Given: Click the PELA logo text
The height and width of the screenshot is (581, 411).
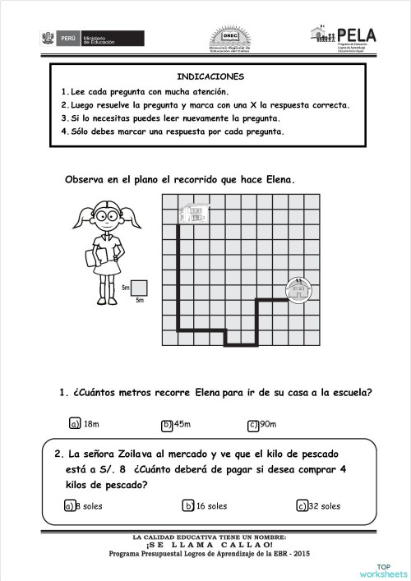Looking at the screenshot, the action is [357, 35].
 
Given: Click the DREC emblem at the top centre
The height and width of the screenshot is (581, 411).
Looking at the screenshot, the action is [228, 37].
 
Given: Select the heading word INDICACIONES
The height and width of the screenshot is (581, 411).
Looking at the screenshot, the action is [205, 76].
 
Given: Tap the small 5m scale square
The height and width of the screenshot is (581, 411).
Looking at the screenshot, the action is [139, 288].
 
